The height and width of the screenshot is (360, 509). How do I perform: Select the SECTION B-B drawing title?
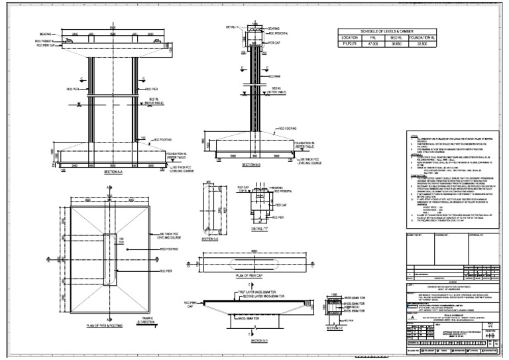(x=250, y=164)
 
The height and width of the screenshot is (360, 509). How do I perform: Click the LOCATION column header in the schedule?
(x=348, y=37)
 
